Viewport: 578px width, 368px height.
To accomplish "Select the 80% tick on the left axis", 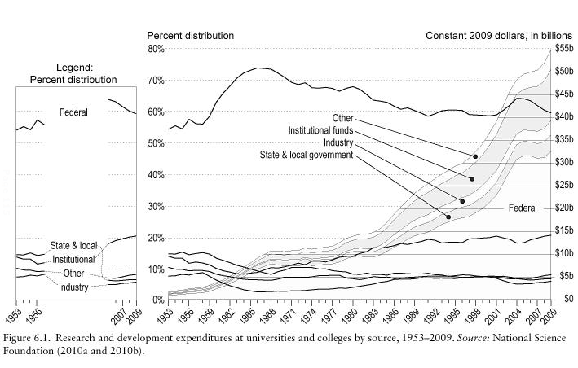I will tap(156, 49).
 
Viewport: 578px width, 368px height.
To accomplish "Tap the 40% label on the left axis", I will tap(156, 174).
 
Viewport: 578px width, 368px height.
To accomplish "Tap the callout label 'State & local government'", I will tap(306, 155).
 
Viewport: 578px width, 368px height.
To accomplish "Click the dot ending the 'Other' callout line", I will tap(475, 156).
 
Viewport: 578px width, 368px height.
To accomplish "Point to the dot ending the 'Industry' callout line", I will tap(462, 201).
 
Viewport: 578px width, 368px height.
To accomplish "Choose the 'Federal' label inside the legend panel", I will tap(73, 112).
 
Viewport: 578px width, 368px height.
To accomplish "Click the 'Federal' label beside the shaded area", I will tap(522, 208).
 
